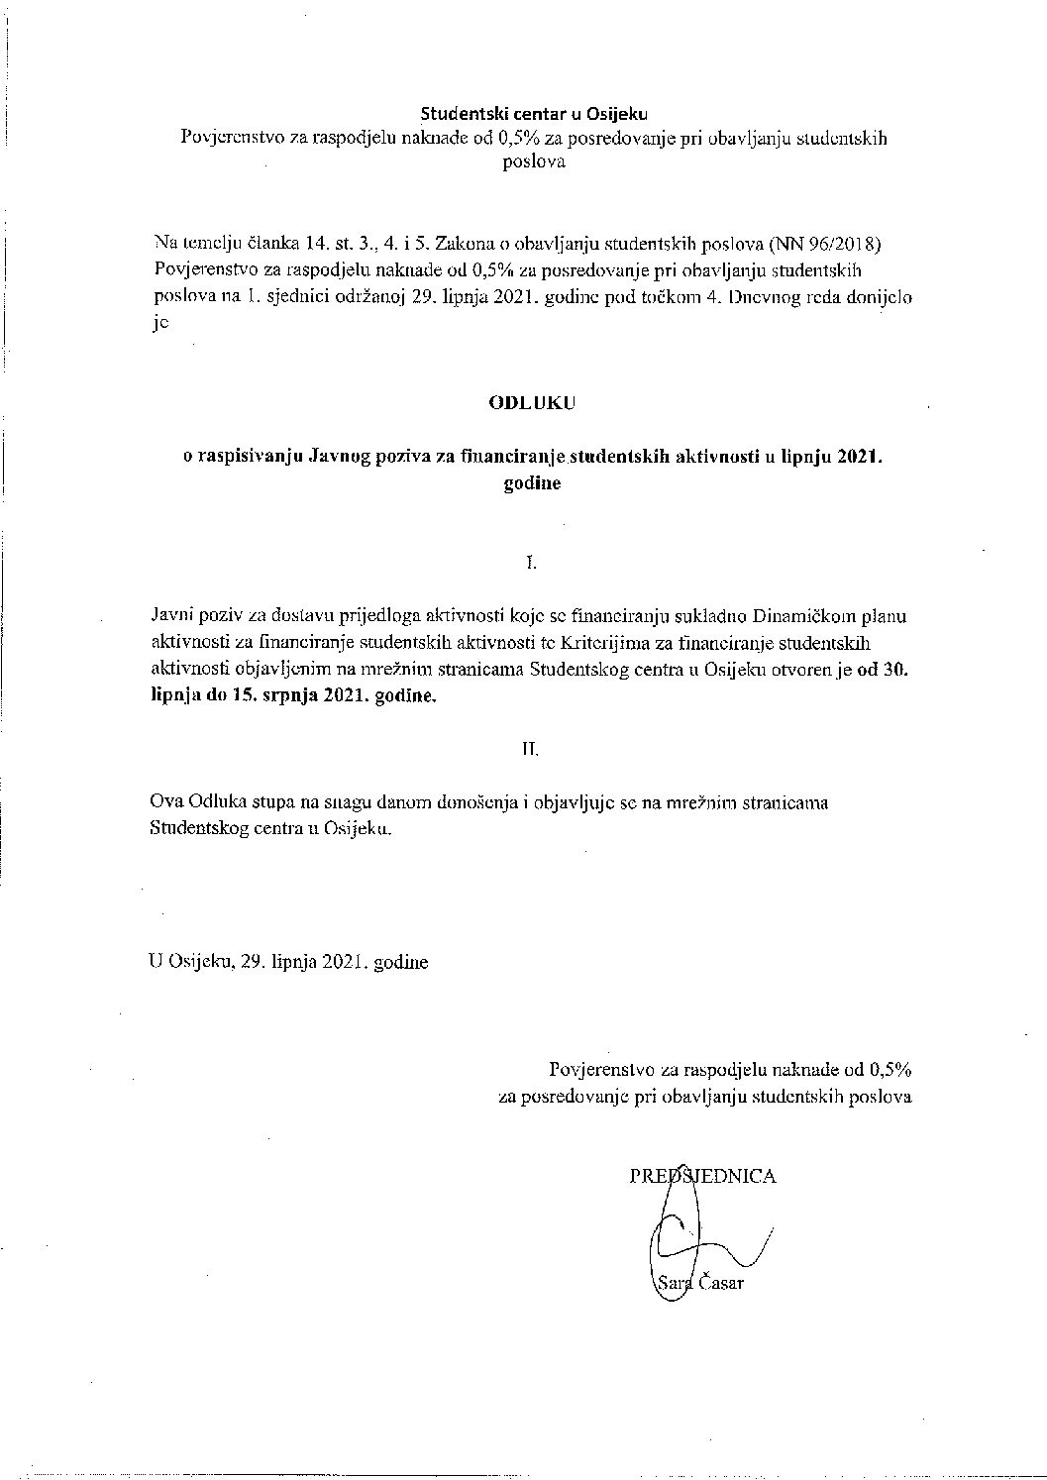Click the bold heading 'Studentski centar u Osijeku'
coord(534,114)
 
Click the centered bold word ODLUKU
coord(532,403)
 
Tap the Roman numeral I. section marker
coord(531,563)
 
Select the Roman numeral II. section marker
coord(531,750)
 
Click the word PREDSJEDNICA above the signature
coord(702,1176)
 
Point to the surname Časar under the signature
coord(721,1284)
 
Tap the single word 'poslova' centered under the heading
coord(534,162)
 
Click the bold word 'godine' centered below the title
coord(532,484)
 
